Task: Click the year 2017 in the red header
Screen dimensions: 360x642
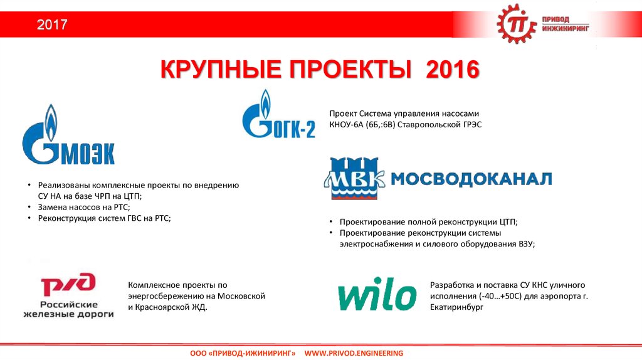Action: (51, 26)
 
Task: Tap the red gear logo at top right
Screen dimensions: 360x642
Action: (518, 24)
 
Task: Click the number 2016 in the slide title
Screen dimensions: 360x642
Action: (452, 70)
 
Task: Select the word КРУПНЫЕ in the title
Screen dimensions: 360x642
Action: (220, 70)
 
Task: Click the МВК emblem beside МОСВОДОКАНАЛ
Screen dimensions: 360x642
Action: (354, 178)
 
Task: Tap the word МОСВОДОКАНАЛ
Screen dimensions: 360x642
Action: (471, 179)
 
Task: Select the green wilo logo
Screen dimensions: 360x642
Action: (377, 294)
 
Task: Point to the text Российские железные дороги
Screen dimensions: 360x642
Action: (68, 308)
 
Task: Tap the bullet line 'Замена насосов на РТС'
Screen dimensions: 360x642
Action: (83, 206)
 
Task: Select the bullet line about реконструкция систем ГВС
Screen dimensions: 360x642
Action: (104, 218)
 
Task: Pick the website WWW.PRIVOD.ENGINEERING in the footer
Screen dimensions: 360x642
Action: (354, 354)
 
